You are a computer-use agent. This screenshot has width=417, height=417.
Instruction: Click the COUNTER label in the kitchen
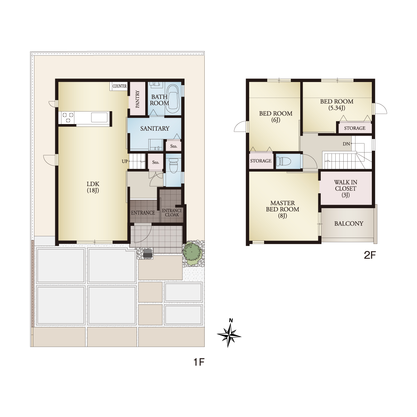(120, 86)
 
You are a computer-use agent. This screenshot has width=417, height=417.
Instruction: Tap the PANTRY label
(137, 99)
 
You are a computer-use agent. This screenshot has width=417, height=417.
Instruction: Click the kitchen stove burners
(68, 117)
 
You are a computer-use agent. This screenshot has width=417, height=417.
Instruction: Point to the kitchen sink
(99, 117)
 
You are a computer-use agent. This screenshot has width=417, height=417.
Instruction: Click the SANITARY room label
(155, 129)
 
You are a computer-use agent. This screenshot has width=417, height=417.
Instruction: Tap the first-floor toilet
(173, 166)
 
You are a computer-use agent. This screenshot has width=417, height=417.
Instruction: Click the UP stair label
(125, 161)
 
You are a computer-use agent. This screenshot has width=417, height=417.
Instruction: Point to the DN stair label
(346, 144)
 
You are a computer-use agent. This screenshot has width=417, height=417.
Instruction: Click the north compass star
(229, 336)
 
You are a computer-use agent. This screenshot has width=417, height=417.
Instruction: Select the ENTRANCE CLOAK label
(172, 213)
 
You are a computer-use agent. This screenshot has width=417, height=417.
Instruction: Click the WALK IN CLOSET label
(345, 188)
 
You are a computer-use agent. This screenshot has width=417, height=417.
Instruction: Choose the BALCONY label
(349, 223)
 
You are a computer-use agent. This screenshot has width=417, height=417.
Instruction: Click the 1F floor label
(199, 362)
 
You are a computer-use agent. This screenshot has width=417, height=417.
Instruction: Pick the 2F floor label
(370, 255)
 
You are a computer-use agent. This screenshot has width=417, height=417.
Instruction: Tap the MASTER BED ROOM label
(283, 209)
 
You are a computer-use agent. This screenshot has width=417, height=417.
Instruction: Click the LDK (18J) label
(93, 187)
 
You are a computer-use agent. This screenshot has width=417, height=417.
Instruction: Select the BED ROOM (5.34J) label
(337, 105)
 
